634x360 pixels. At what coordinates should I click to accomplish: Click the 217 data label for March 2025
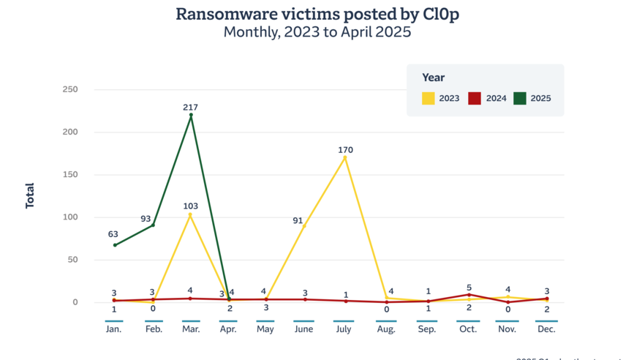(191, 107)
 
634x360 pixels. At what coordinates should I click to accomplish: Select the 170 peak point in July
(345, 157)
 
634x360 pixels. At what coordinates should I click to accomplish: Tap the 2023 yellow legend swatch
(429, 98)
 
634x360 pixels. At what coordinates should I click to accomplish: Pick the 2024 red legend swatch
(475, 98)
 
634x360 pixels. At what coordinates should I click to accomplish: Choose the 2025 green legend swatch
(520, 98)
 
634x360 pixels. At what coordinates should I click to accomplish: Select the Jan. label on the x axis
(113, 329)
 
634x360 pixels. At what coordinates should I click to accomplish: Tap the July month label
(344, 329)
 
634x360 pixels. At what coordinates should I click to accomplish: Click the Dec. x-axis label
(546, 329)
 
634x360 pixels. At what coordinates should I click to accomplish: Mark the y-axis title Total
(30, 195)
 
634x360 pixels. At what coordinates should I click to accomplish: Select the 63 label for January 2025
(113, 234)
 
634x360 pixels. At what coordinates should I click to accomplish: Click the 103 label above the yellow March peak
(191, 206)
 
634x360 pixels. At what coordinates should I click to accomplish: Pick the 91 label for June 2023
(298, 220)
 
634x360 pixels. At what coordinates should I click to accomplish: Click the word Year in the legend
(433, 78)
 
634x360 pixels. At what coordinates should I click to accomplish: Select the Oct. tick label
(469, 329)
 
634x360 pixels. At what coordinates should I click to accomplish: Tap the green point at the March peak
(191, 115)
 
